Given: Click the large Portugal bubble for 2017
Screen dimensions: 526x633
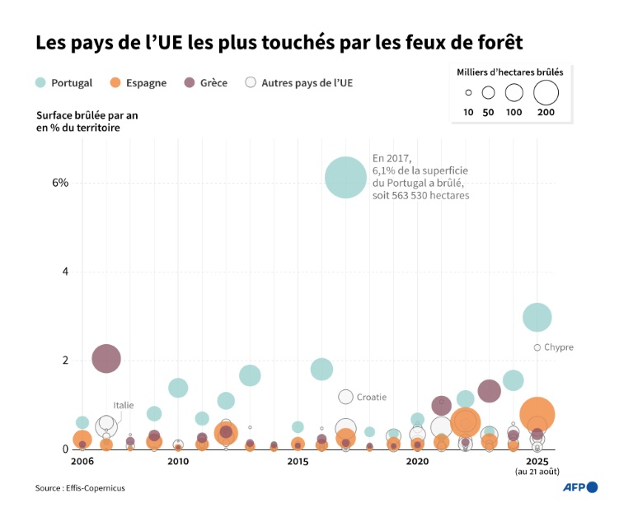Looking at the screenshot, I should pyautogui.click(x=345, y=177).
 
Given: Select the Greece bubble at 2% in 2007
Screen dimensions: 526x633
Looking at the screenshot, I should pyautogui.click(x=105, y=358).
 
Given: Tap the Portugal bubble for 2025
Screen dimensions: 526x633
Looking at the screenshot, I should pyautogui.click(x=537, y=317).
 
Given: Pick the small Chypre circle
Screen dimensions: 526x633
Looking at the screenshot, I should pyautogui.click(x=537, y=347).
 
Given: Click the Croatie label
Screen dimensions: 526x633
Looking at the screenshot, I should pyautogui.click(x=372, y=397).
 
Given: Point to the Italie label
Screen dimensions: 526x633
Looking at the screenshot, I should pyautogui.click(x=124, y=405).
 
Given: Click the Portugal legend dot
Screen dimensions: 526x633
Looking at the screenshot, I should pyautogui.click(x=41, y=82).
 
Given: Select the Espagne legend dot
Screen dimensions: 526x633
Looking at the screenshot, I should pyautogui.click(x=115, y=82).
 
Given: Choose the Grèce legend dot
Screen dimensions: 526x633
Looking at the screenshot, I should pyautogui.click(x=190, y=82).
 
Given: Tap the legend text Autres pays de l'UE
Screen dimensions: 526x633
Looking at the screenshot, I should pyautogui.click(x=307, y=82).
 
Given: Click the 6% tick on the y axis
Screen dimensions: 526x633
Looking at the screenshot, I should pyautogui.click(x=60, y=182).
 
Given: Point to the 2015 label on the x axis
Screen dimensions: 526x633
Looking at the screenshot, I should pyautogui.click(x=298, y=462).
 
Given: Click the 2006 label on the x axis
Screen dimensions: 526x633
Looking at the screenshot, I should pyautogui.click(x=82, y=462).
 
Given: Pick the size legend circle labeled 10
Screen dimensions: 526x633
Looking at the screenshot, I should pyautogui.click(x=468, y=93).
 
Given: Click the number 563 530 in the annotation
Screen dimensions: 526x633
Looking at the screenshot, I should pyautogui.click(x=422, y=196).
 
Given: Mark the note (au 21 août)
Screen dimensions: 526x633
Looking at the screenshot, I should pyautogui.click(x=537, y=472).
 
